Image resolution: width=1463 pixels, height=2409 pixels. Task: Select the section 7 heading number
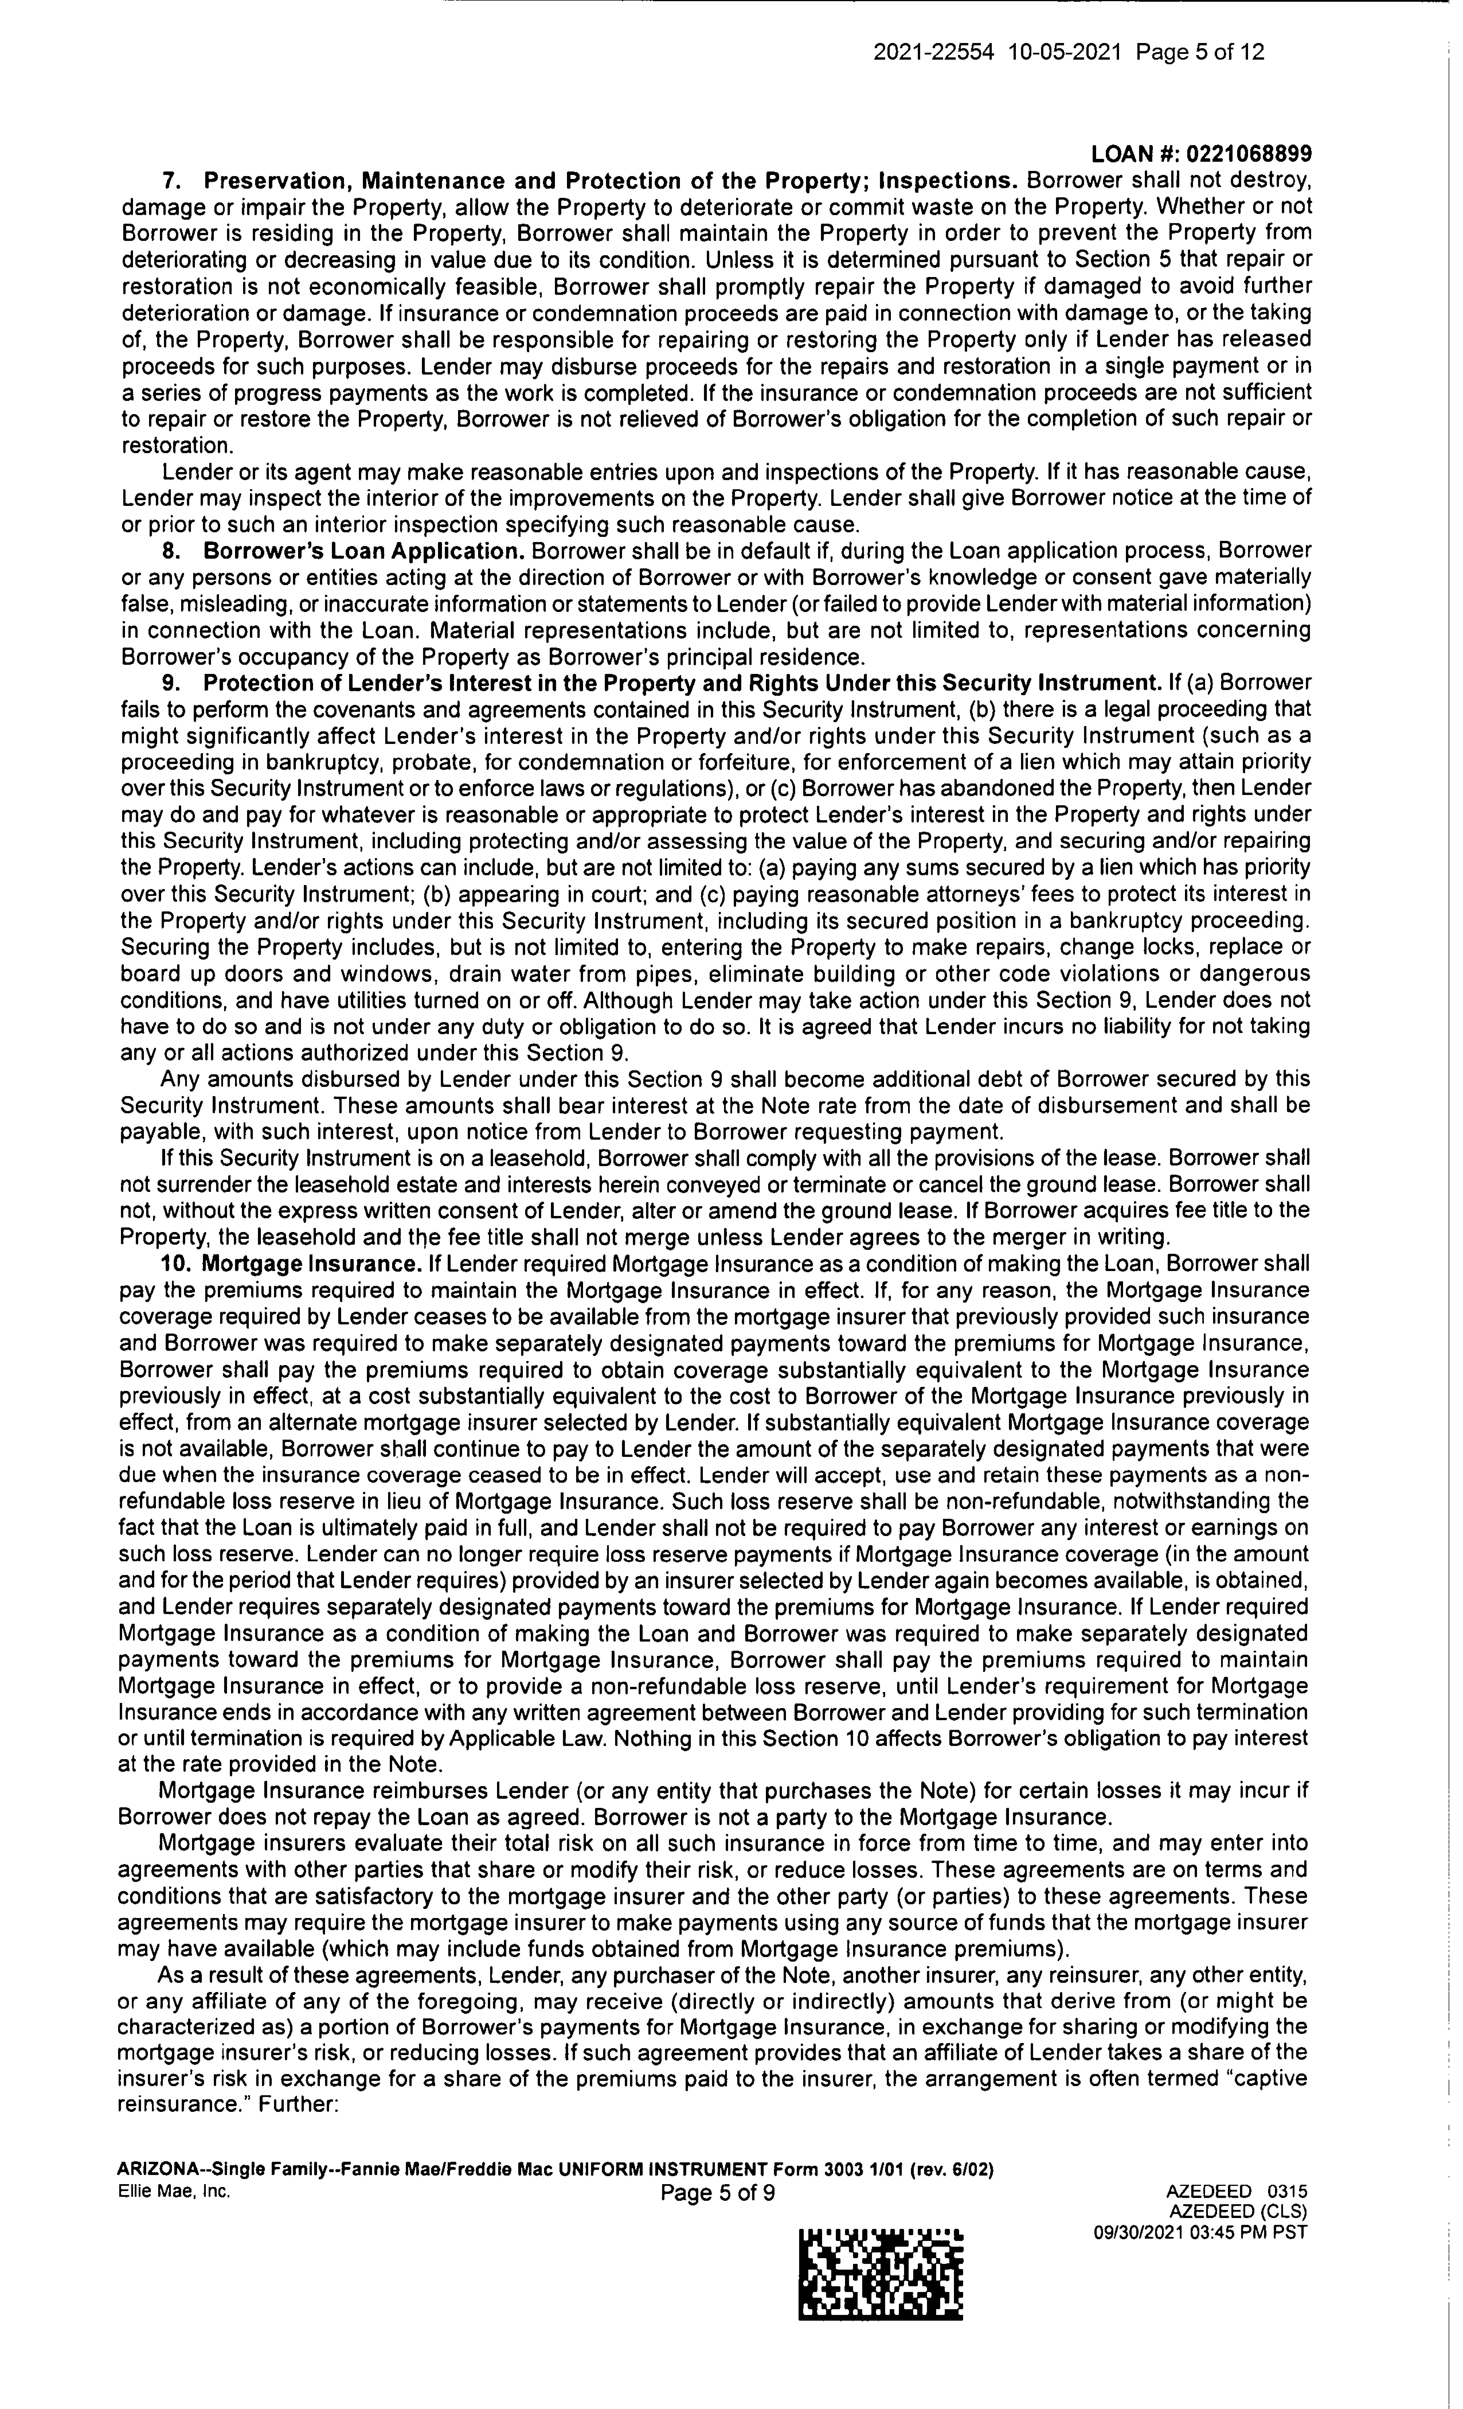168,181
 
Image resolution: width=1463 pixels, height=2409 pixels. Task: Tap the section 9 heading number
168,683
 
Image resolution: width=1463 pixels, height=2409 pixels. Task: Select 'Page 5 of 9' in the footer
718,2192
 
